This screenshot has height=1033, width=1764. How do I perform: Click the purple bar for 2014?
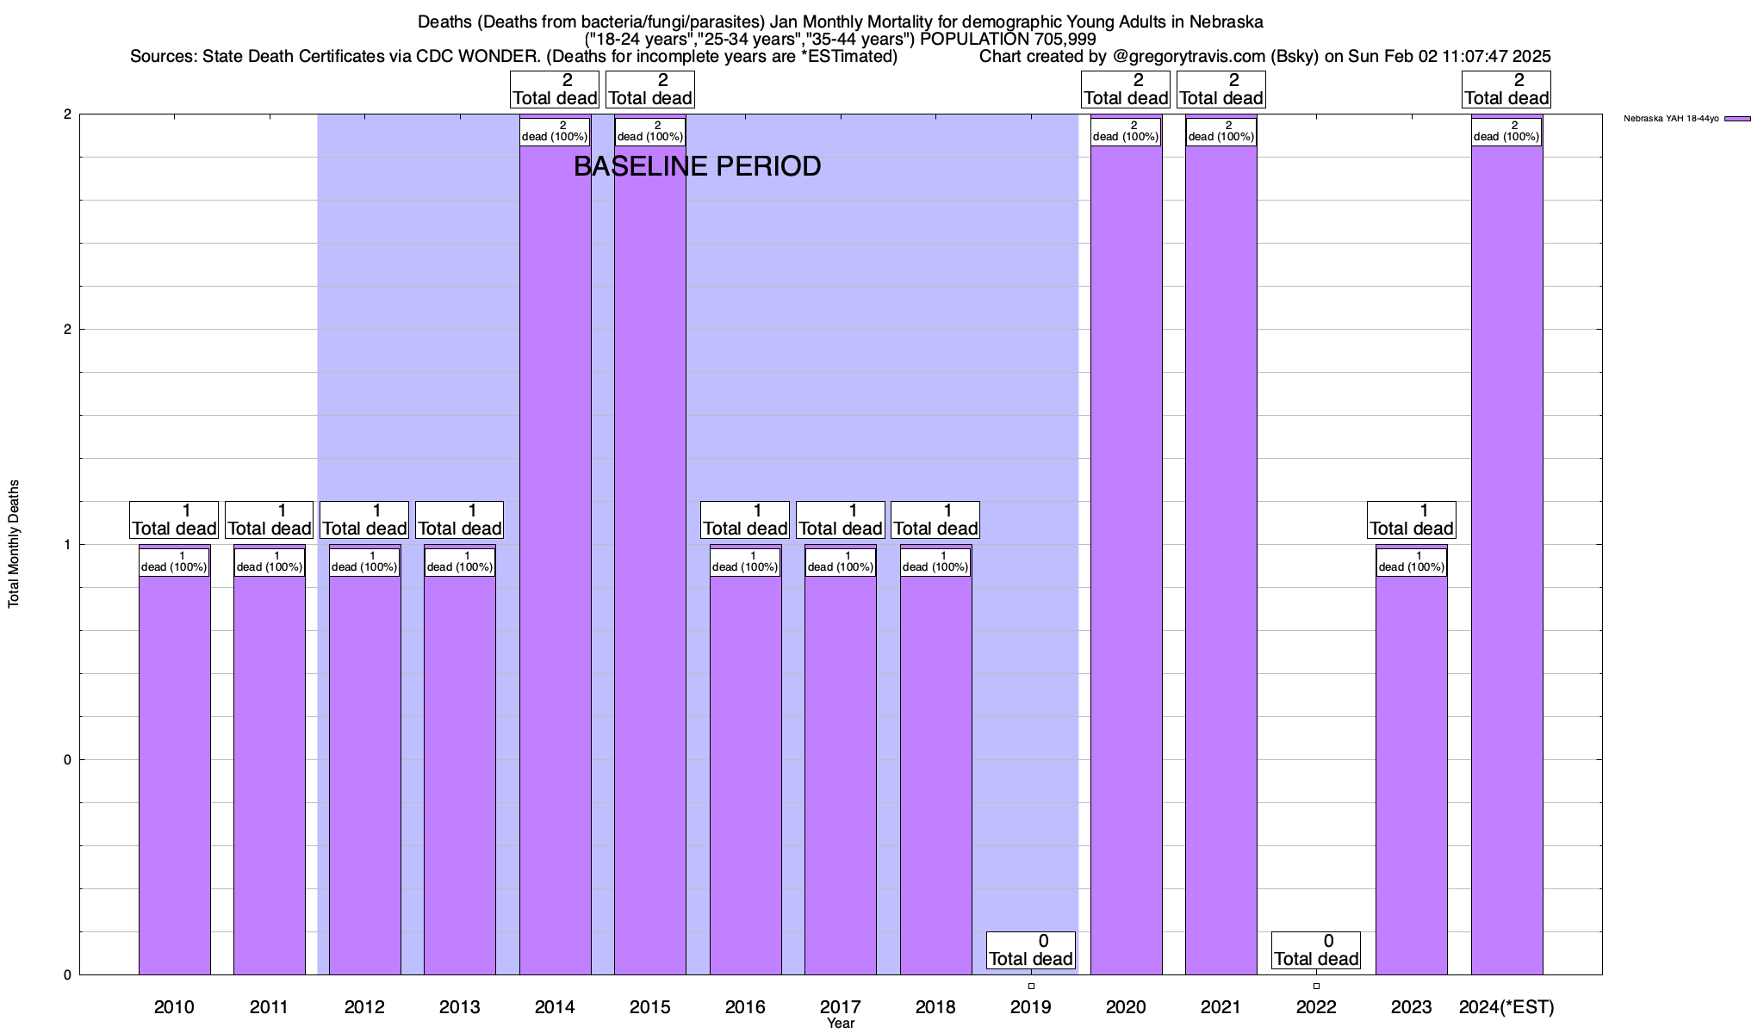point(555,560)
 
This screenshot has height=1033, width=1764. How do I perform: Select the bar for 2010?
point(174,775)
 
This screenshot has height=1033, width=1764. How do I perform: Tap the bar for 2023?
point(1411,775)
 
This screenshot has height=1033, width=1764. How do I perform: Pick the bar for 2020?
point(1126,560)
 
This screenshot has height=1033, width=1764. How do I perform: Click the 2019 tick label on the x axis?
point(1031,1006)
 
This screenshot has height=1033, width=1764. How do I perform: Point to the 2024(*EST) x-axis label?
point(1506,1006)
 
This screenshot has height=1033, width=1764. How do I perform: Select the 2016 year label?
point(745,1006)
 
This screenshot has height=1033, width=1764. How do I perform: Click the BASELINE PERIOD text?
point(697,166)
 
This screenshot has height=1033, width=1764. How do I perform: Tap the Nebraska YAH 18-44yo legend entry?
point(1686,119)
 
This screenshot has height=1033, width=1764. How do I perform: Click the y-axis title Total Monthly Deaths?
point(14,544)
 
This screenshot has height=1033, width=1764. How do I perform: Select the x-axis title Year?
point(841,1024)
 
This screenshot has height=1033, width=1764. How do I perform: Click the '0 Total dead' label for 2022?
point(1316,950)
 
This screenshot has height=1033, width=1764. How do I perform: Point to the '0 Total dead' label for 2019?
point(1031,950)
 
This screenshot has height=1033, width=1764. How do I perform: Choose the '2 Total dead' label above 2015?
point(650,90)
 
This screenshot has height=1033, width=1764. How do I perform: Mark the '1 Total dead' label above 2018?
point(935,520)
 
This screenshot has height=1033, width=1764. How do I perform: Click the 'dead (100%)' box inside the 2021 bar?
point(1221,132)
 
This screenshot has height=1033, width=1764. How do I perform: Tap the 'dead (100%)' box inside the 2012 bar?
point(364,562)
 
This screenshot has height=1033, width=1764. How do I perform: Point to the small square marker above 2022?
point(1316,986)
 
